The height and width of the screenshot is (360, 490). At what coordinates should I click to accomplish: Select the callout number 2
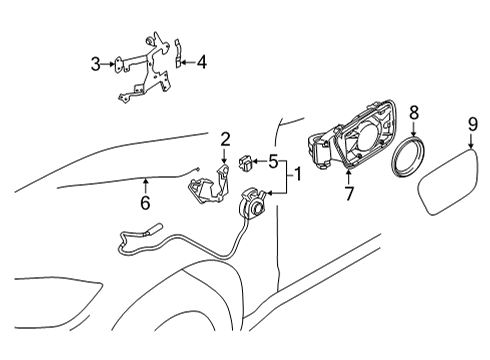pyautogui.click(x=225, y=139)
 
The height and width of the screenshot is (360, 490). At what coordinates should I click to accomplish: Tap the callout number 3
pyautogui.click(x=96, y=64)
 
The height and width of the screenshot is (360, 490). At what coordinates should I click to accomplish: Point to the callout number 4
pyautogui.click(x=201, y=63)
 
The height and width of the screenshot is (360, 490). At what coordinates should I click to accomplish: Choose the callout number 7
pyautogui.click(x=348, y=194)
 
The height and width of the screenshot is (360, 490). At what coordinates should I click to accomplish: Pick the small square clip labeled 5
pyautogui.click(x=245, y=161)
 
